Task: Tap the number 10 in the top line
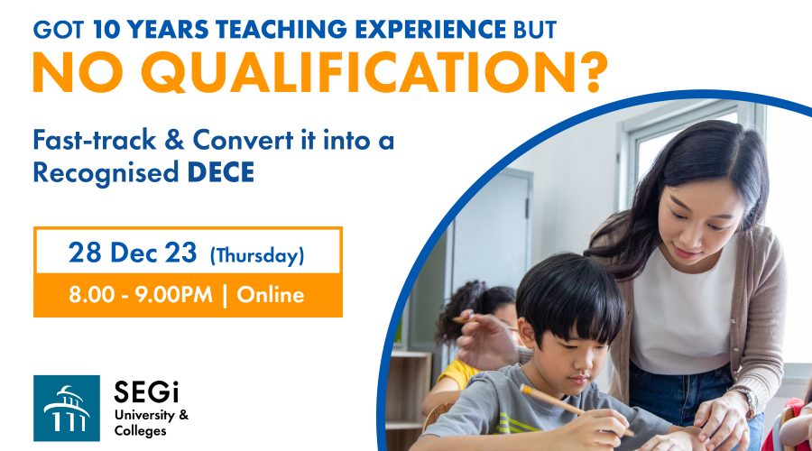click(x=106, y=30)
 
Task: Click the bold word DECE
click(x=221, y=172)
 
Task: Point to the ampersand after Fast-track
click(x=174, y=140)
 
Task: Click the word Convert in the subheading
click(x=243, y=140)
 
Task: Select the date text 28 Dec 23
click(x=133, y=253)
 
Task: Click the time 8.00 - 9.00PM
click(x=141, y=295)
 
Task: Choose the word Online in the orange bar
click(x=271, y=295)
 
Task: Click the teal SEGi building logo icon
click(x=67, y=408)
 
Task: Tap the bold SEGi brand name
click(x=146, y=391)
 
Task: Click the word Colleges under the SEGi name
click(x=141, y=431)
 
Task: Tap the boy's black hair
click(x=569, y=296)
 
